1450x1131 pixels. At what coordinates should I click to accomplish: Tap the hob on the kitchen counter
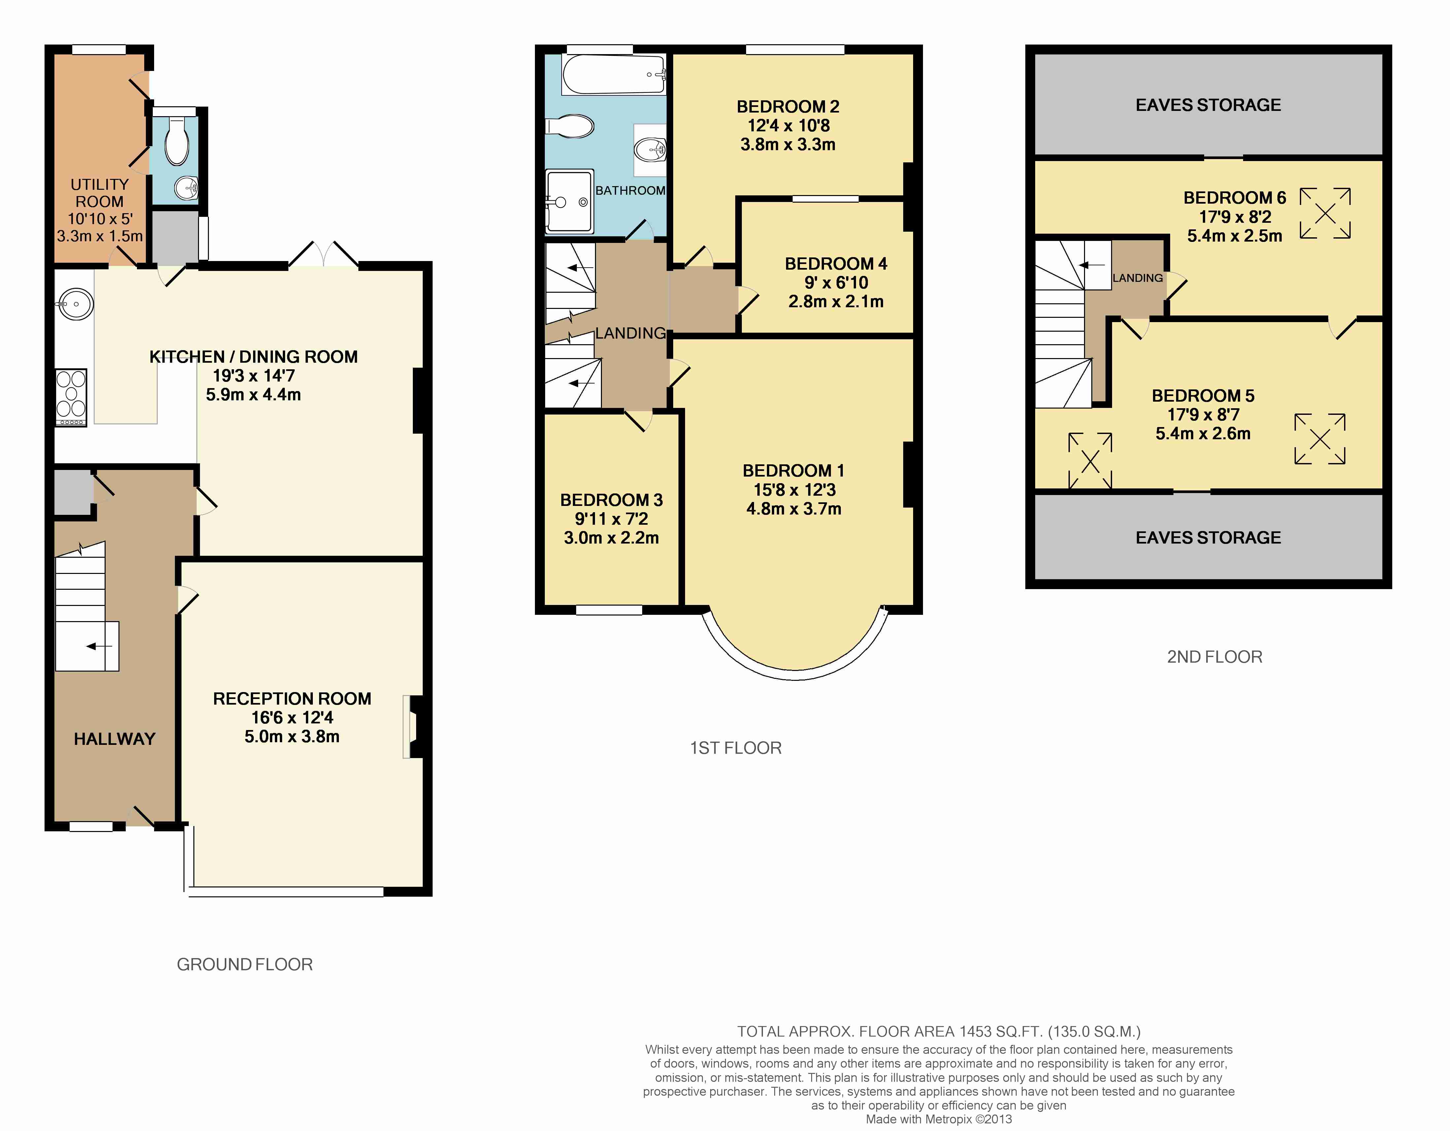click(71, 397)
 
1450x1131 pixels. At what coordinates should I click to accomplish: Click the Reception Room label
click(292, 699)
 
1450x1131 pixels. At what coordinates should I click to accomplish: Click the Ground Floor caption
click(244, 964)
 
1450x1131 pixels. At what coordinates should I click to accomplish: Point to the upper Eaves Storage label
click(1208, 105)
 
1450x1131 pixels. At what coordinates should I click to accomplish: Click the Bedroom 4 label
click(836, 264)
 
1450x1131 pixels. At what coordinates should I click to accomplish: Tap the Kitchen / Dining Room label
click(254, 357)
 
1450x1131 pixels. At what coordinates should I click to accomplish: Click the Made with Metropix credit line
click(939, 1119)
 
